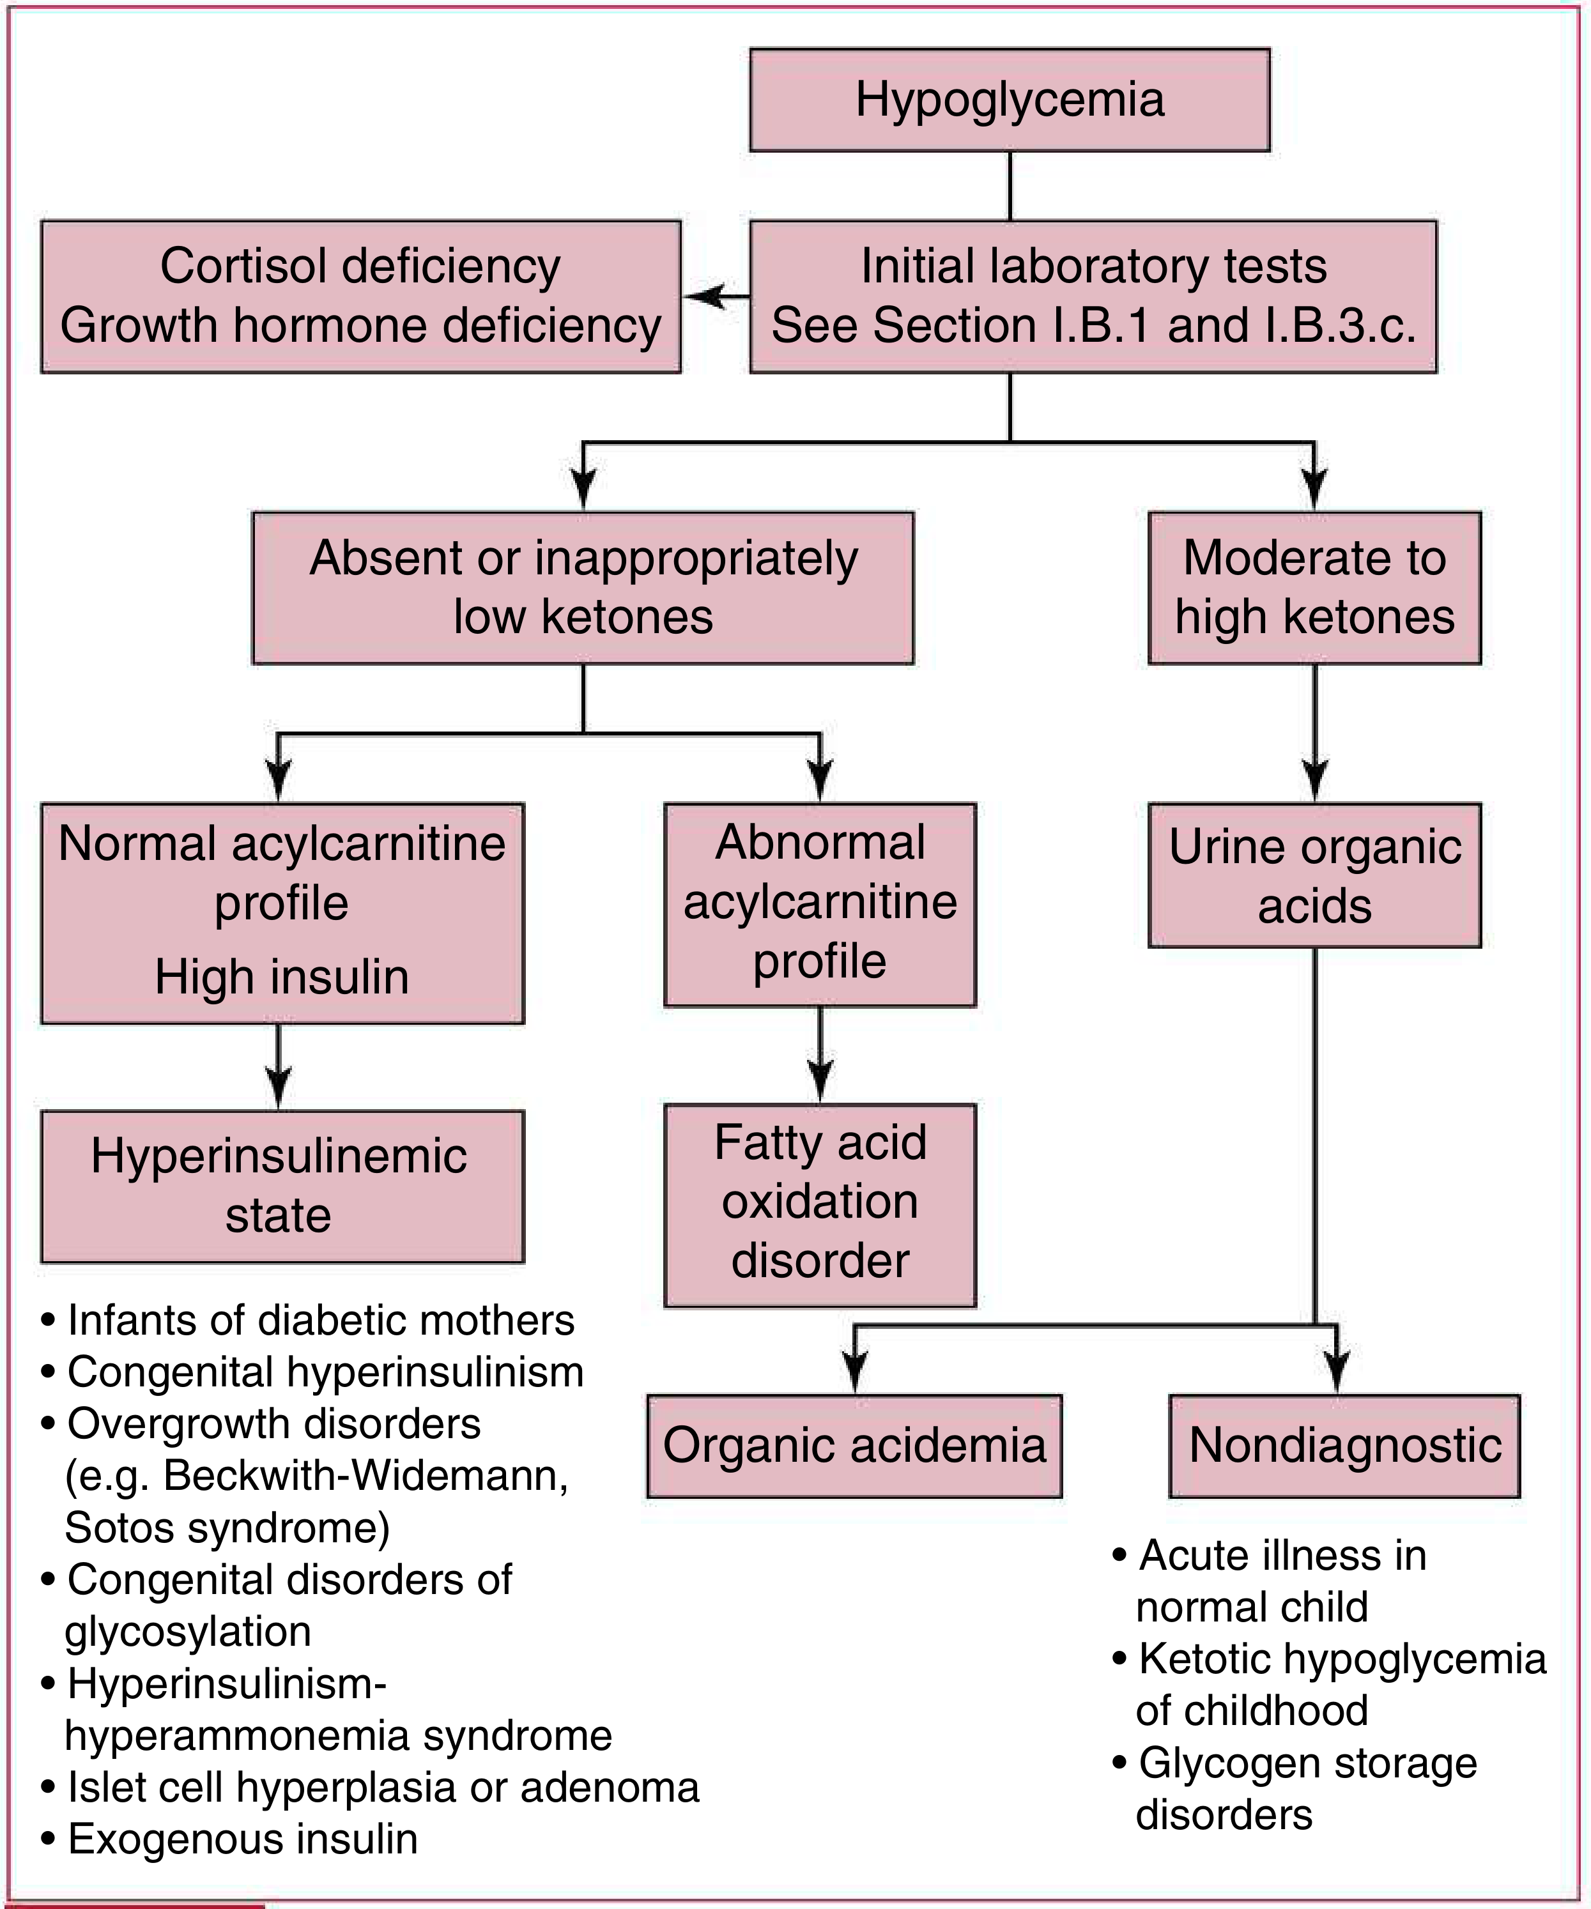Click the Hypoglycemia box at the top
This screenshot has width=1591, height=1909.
(x=1009, y=100)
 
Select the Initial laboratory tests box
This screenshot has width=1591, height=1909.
(x=1093, y=296)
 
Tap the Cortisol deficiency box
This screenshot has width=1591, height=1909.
(x=361, y=296)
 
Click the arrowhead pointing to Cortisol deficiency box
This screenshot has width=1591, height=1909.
(x=705, y=296)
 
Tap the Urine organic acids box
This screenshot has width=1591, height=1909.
(x=1314, y=875)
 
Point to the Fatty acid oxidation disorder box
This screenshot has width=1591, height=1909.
(x=820, y=1206)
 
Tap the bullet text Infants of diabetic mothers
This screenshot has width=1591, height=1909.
(x=309, y=1320)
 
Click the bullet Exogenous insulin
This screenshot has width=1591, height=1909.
(x=230, y=1838)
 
